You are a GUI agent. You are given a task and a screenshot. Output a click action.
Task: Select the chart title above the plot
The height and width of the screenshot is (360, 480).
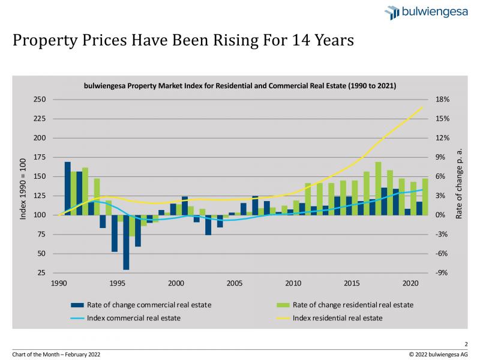pos(240,86)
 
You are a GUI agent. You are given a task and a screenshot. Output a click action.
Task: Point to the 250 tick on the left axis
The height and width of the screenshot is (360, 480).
pos(40,100)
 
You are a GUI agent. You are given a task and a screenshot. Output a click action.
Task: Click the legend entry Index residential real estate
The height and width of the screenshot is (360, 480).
pos(337,317)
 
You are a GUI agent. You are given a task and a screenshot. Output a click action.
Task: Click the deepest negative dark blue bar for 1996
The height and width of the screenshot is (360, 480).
pos(126,242)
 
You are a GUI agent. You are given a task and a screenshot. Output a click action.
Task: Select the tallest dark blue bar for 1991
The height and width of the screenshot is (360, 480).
pos(68,188)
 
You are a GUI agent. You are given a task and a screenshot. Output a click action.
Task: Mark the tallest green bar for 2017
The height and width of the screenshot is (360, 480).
pos(378,188)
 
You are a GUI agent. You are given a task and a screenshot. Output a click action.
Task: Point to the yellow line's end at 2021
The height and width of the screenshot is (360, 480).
pos(423,107)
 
